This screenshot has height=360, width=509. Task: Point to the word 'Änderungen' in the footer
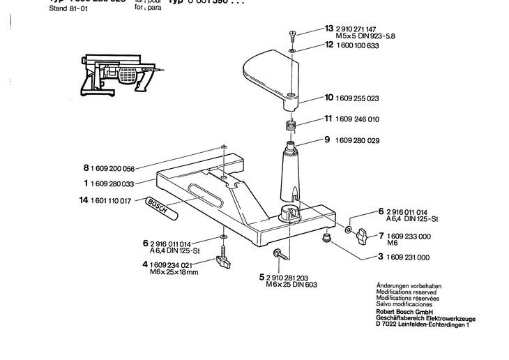click(x=390, y=287)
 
